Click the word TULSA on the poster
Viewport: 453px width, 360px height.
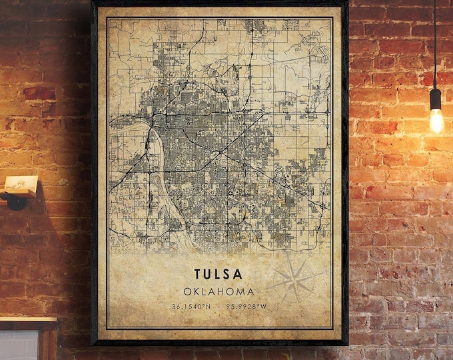point(219,274)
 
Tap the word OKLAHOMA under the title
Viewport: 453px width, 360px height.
point(219,291)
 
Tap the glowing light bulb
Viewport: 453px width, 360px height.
point(436,121)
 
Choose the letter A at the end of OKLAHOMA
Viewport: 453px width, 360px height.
point(250,291)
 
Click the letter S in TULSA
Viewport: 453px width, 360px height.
point(230,274)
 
